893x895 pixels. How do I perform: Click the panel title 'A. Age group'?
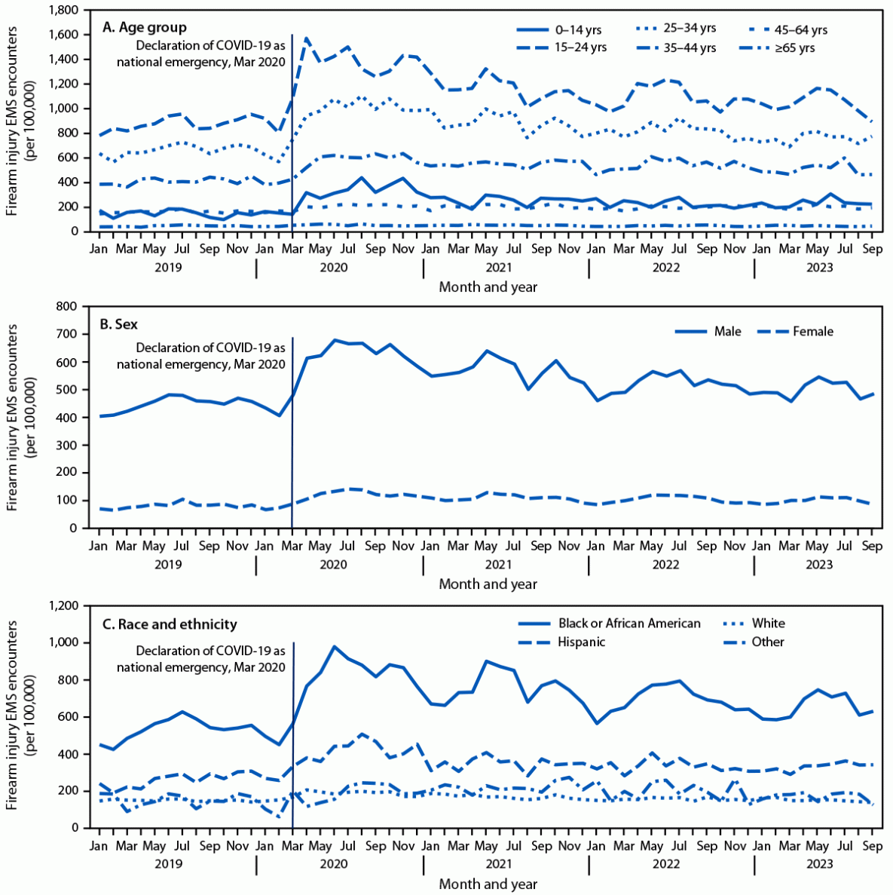144,28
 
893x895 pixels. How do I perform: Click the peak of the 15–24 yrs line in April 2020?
306,37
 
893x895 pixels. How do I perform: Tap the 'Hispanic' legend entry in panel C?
581,642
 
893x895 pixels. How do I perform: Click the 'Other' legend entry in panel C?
768,642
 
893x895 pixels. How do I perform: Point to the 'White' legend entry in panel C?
768,624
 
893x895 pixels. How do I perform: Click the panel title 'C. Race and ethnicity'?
170,624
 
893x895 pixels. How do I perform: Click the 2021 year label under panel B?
498,565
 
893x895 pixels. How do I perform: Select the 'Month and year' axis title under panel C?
488,884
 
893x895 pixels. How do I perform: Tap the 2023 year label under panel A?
819,267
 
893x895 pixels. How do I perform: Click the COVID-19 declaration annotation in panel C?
201,659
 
